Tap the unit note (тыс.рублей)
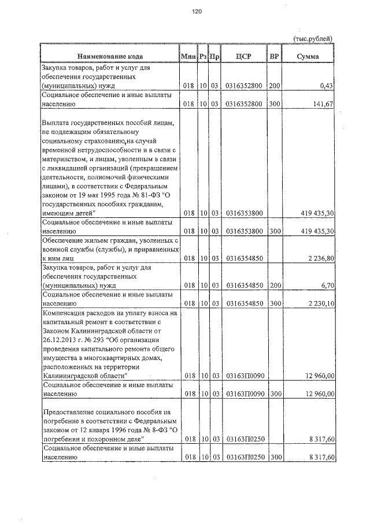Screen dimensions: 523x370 tap(313, 38)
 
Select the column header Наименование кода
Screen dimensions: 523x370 tap(110, 57)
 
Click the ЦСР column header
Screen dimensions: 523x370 tap(244, 57)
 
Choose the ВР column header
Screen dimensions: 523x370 tap(275, 57)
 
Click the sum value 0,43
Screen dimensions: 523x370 tap(327, 86)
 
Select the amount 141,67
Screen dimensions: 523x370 tap(324, 104)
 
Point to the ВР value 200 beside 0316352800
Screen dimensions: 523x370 tap(275, 86)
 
